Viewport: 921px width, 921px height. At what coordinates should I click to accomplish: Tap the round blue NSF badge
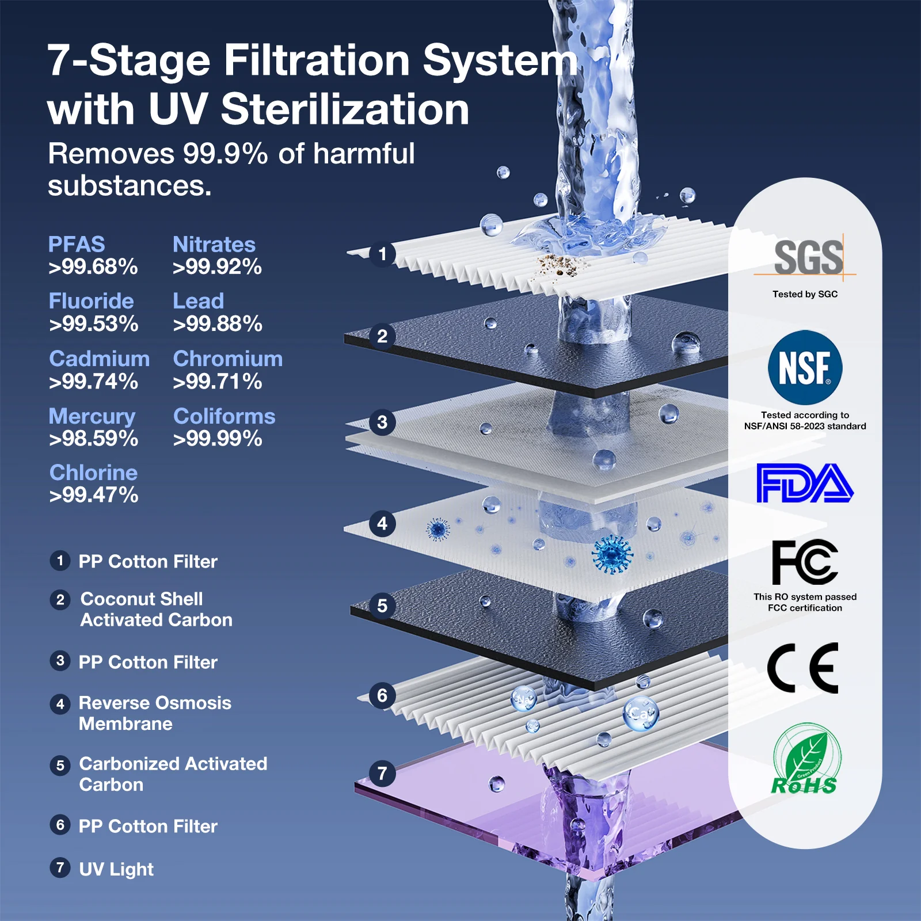tap(805, 367)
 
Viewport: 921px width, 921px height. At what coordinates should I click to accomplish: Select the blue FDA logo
tap(804, 483)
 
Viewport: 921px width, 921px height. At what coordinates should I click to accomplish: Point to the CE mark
tap(803, 668)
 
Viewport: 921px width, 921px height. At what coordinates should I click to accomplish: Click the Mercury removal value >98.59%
tap(93, 439)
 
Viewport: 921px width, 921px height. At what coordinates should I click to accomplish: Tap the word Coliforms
tap(224, 416)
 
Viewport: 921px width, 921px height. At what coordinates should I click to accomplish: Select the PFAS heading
tap(76, 244)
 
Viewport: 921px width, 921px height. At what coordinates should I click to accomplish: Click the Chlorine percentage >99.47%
tap(93, 495)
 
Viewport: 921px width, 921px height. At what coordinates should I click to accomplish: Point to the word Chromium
tap(227, 359)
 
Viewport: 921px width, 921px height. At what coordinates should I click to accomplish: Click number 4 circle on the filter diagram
tap(382, 524)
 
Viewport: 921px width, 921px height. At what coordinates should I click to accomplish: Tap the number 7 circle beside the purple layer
tap(382, 773)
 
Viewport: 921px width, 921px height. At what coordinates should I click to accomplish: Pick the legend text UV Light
tap(116, 869)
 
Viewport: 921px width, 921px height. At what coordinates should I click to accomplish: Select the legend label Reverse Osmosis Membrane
tap(154, 713)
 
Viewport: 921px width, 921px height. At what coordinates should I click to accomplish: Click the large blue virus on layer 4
tap(612, 554)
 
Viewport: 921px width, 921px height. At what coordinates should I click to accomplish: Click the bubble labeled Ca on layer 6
tap(640, 714)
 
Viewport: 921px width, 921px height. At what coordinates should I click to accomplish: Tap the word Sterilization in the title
tap(344, 109)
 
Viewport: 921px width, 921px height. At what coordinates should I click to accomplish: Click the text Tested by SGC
tap(805, 294)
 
